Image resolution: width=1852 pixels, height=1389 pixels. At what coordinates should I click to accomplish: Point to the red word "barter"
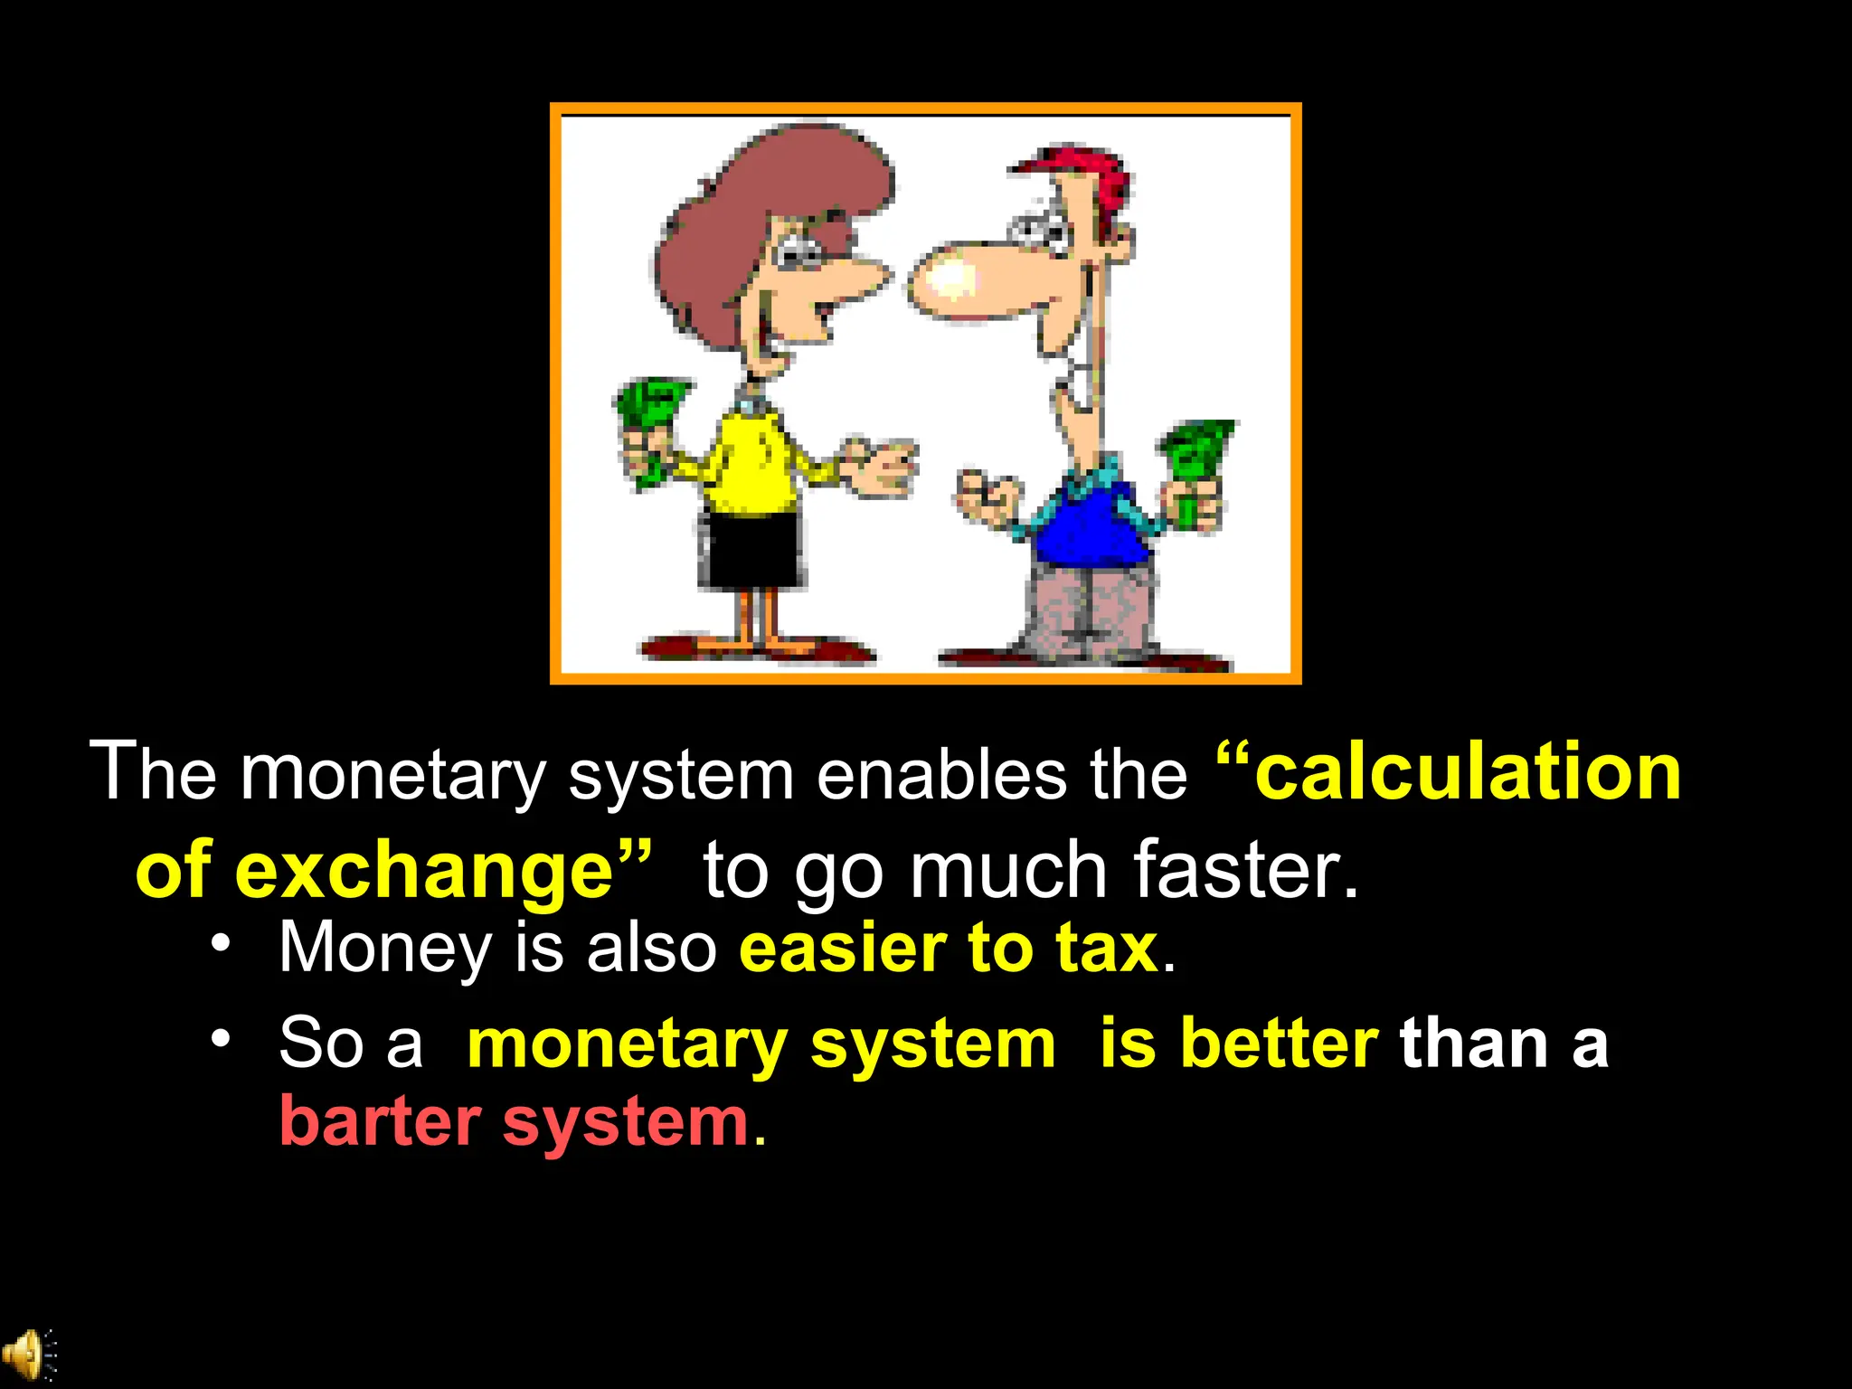point(380,1121)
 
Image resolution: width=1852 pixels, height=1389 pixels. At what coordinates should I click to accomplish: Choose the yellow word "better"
point(1279,1044)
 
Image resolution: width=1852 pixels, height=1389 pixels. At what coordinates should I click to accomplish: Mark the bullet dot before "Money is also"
point(220,942)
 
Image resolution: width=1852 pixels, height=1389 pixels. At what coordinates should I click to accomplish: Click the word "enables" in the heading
point(940,775)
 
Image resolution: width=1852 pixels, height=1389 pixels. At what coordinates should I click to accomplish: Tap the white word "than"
point(1474,1044)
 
